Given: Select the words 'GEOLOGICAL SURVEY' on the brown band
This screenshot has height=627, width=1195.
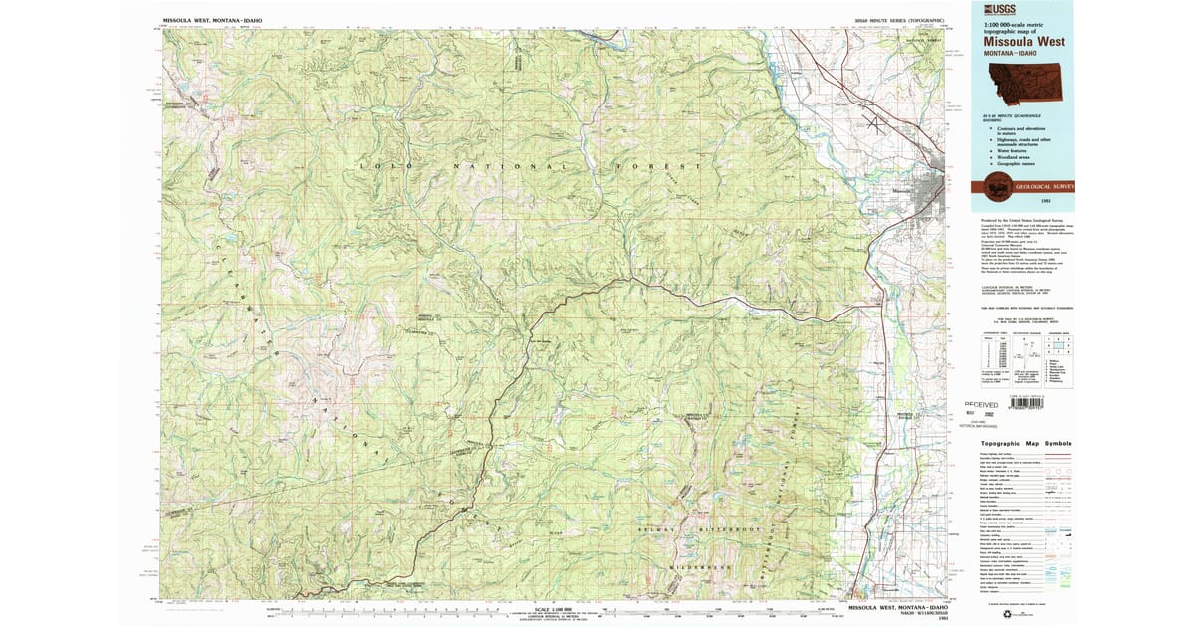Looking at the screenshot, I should click(1045, 186).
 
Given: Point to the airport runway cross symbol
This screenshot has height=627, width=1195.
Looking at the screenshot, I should click(877, 124).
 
